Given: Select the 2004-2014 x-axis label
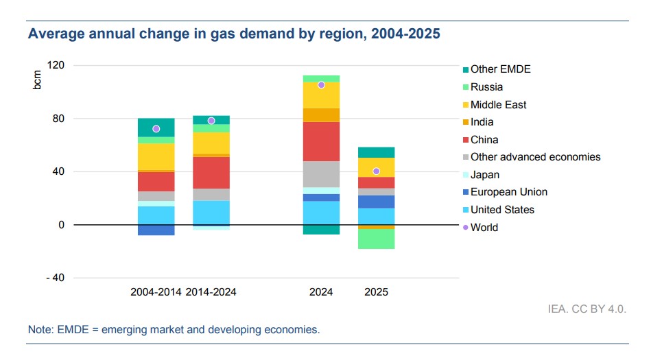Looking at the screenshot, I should [x=156, y=292].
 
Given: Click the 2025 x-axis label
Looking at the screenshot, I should [x=376, y=292].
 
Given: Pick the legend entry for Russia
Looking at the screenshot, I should [x=486, y=87].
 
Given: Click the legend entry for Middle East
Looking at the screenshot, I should [x=498, y=105].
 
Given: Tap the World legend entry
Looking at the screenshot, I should [x=484, y=227].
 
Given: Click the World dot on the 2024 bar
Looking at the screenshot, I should [x=321, y=85].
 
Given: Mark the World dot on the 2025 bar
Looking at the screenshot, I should [x=376, y=171].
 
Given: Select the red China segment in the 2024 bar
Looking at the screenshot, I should [x=321, y=141].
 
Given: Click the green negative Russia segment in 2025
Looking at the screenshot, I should [x=376, y=239].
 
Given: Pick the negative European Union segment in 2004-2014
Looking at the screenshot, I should [x=156, y=230].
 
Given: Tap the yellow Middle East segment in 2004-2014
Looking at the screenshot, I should [x=156, y=156].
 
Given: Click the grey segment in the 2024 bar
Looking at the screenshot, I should [x=321, y=174].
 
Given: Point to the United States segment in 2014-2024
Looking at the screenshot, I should [x=211, y=212].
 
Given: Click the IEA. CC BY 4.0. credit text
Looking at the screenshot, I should [x=587, y=309].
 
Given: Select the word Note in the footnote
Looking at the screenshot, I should [x=39, y=330].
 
